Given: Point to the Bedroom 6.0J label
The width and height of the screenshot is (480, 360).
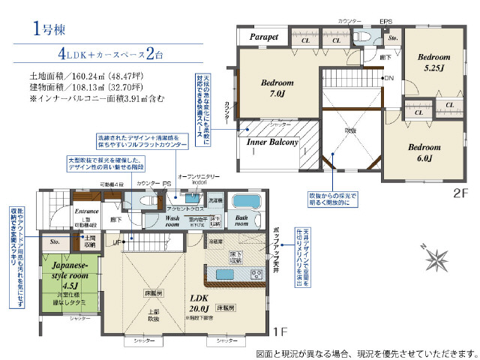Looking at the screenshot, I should [423, 152].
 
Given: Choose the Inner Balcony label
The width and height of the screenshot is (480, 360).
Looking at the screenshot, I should [273, 142].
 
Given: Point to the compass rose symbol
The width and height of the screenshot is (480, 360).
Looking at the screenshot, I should [436, 260].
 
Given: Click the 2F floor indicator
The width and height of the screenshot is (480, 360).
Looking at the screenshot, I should [459, 192].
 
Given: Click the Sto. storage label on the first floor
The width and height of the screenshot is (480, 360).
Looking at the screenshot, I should [55, 242].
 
